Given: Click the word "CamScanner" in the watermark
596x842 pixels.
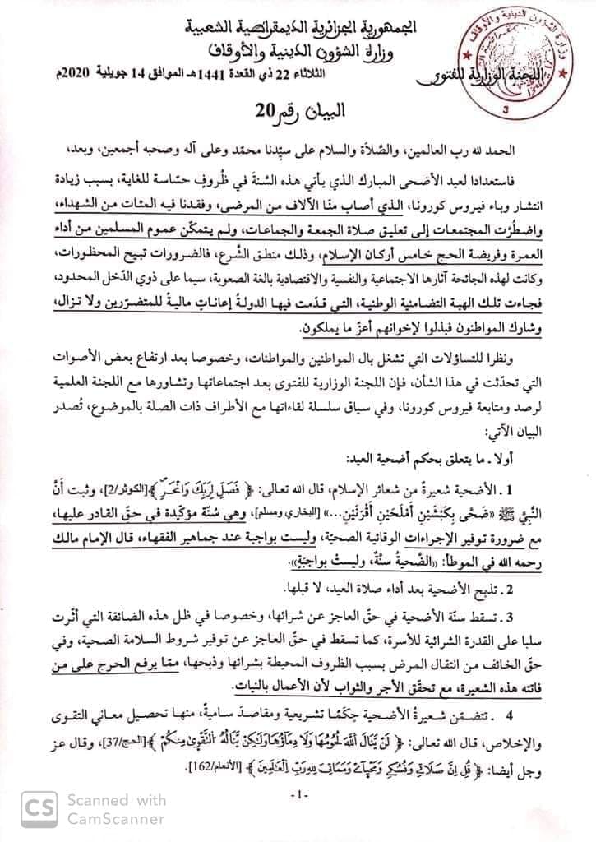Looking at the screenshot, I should point(116,818).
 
